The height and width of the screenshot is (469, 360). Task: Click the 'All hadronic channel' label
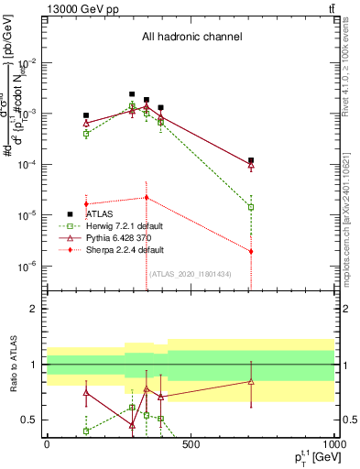coord(191,37)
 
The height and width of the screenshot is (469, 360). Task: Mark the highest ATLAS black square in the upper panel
coord(132,94)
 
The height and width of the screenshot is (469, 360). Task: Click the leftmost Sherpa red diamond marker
coord(86,203)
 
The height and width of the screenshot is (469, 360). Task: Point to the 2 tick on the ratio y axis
coord(35,309)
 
